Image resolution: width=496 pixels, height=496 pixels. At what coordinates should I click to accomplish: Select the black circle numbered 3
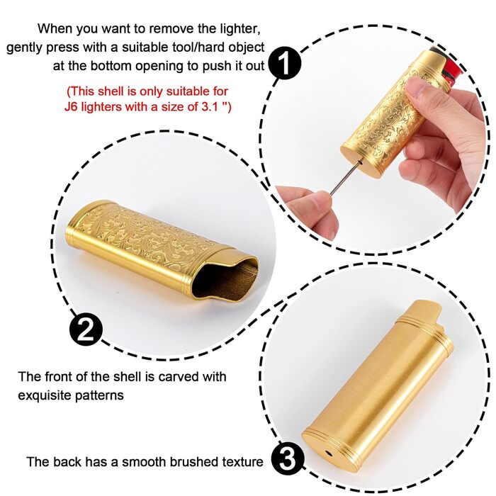(x=288, y=458)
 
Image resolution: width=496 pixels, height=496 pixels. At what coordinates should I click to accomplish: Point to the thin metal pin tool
(x=346, y=177)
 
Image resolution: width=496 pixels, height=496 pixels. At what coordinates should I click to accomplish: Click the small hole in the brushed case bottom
(x=329, y=453)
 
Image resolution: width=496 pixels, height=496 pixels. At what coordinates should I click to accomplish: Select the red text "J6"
(x=72, y=106)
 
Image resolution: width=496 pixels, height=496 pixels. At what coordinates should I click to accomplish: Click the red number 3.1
(x=210, y=106)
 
